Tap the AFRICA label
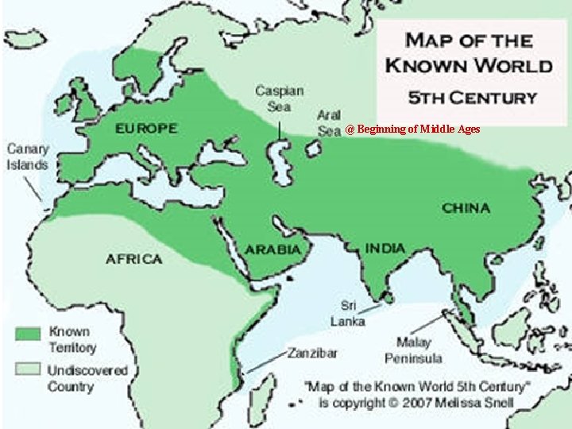pos(133,259)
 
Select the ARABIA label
pos(273,249)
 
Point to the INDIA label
pos(385,248)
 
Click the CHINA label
pos(466,208)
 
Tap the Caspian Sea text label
pos(279,98)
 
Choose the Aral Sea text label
pos(330,123)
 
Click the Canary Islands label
pos(28,157)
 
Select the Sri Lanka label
pos(349,313)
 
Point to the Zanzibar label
pos(312,352)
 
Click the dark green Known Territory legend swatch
pos(29,333)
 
